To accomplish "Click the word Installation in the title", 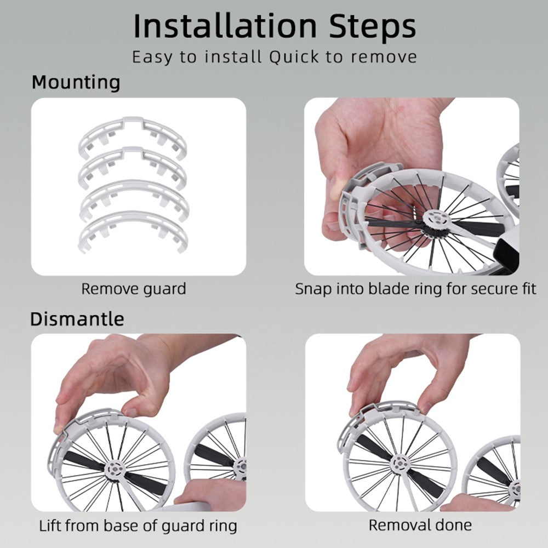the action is [225, 26].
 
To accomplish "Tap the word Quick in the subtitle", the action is [294, 57].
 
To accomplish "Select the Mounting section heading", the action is [76, 83].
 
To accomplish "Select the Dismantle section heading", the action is [77, 319].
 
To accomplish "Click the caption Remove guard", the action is [134, 289].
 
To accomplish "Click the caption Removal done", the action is [420, 525].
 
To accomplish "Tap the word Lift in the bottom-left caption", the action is [50, 526].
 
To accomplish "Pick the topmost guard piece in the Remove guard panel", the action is [132, 138].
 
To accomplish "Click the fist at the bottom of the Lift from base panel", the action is [210, 491].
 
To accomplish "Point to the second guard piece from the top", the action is [132, 168].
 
